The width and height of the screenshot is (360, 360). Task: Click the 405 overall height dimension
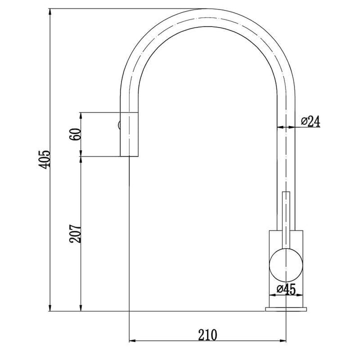(x=45, y=160)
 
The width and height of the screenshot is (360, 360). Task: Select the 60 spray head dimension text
(x=75, y=134)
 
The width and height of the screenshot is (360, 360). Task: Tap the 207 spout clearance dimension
(x=75, y=233)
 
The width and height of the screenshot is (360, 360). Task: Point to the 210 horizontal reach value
(x=207, y=335)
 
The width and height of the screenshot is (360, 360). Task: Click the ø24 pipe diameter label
(x=310, y=121)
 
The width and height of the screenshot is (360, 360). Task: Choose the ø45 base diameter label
(x=286, y=289)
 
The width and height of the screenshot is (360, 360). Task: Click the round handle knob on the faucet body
(x=286, y=265)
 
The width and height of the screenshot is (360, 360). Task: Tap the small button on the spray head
(x=119, y=125)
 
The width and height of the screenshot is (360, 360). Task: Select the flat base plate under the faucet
(x=286, y=309)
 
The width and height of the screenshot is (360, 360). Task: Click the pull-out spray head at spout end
(x=129, y=134)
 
